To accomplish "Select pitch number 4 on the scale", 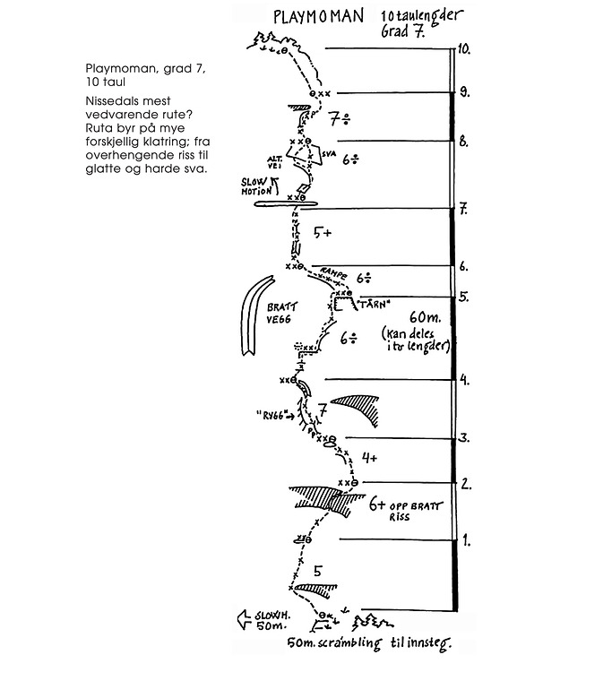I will [x=464, y=380].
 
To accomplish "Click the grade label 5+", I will [x=323, y=233].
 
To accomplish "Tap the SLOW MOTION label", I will [x=258, y=185].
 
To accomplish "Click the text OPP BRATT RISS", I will [x=415, y=511].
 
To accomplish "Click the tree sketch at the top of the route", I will [x=266, y=39].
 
